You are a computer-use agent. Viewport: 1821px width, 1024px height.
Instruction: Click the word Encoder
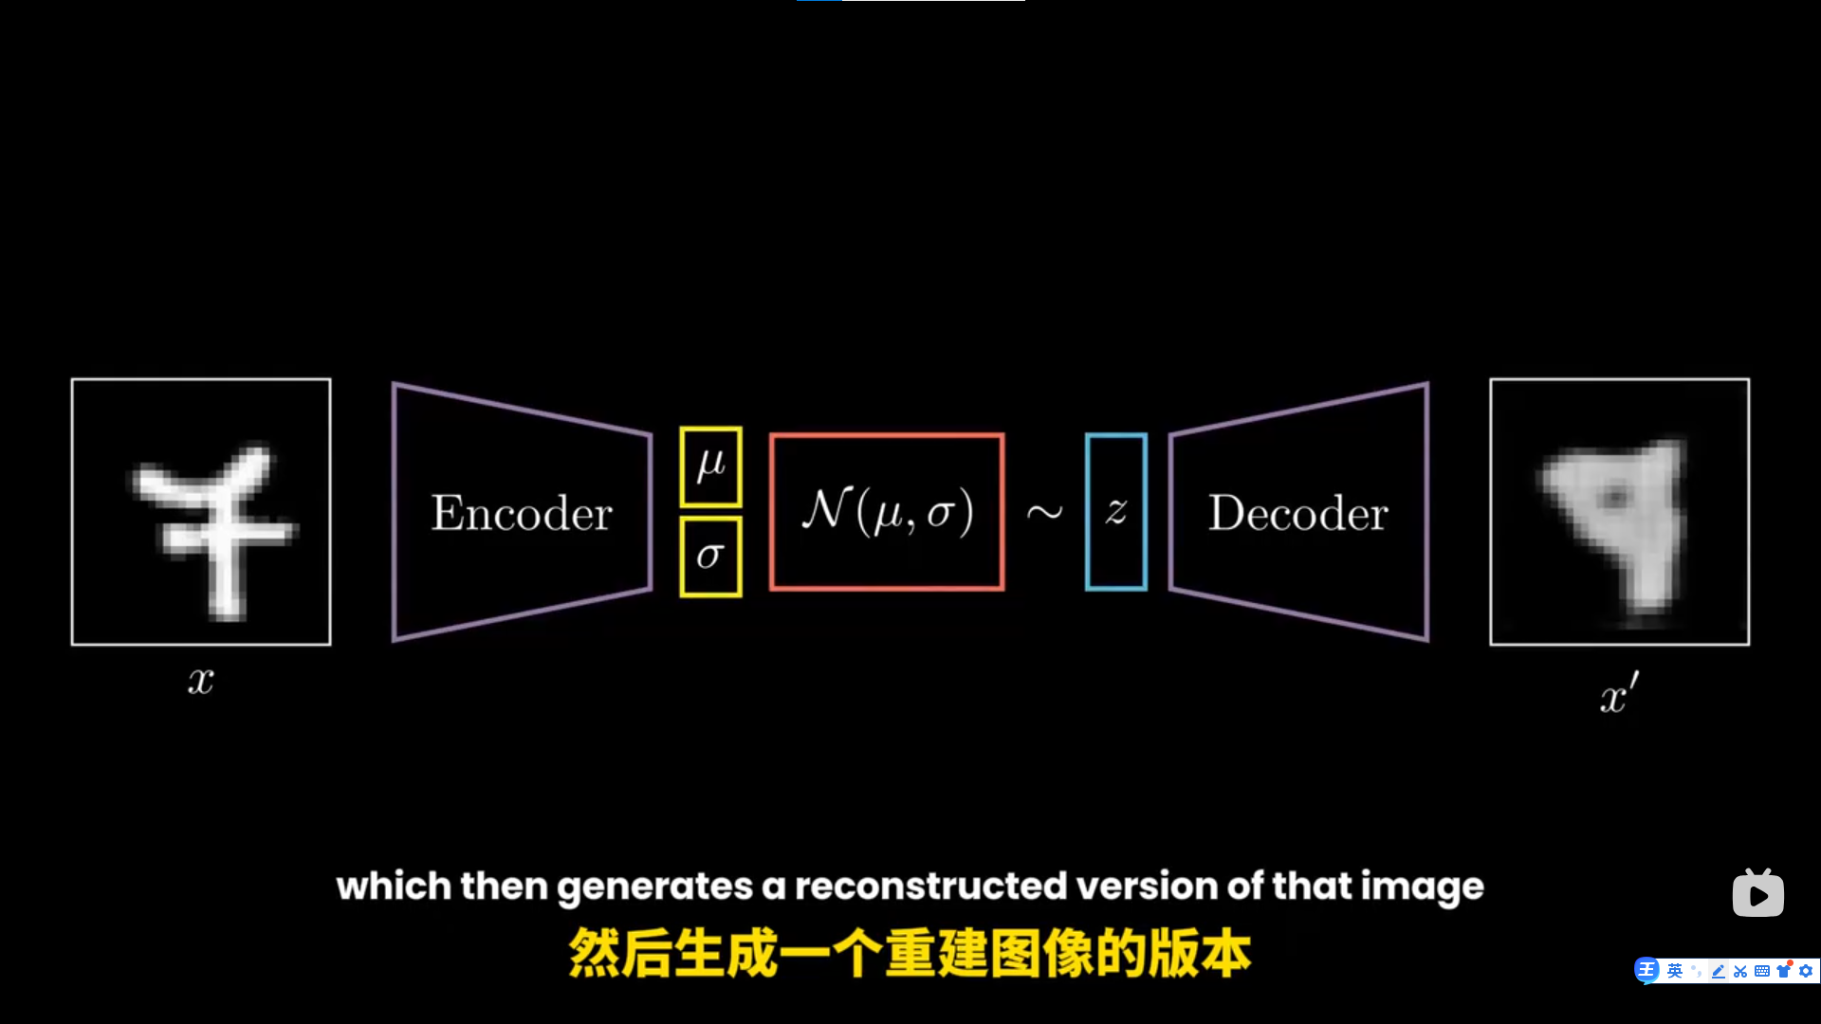(x=522, y=513)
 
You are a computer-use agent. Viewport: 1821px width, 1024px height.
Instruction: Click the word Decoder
(x=1297, y=513)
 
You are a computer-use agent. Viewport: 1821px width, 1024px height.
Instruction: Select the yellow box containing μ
(x=710, y=466)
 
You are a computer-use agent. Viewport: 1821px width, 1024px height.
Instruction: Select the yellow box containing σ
(x=710, y=557)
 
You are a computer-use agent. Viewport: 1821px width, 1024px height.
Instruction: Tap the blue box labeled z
(x=1116, y=512)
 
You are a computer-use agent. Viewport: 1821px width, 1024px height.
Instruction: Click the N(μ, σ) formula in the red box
(x=887, y=512)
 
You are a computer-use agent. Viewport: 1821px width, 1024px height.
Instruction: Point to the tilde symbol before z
(x=1044, y=513)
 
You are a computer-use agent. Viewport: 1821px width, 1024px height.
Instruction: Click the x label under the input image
(x=200, y=681)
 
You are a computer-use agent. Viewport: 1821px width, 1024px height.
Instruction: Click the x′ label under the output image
(x=1618, y=694)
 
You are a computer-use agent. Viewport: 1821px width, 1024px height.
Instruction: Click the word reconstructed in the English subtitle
(x=930, y=887)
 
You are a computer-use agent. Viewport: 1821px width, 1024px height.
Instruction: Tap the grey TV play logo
(x=1757, y=893)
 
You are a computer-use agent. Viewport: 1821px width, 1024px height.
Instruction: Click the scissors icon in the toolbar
(x=1740, y=971)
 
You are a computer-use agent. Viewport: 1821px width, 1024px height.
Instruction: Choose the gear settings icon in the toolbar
(x=1806, y=971)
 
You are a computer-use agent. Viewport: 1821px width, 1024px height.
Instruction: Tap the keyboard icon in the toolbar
(x=1762, y=971)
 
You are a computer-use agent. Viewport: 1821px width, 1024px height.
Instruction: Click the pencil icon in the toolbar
(x=1719, y=971)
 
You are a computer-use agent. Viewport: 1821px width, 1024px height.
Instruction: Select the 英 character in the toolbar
(x=1675, y=971)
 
